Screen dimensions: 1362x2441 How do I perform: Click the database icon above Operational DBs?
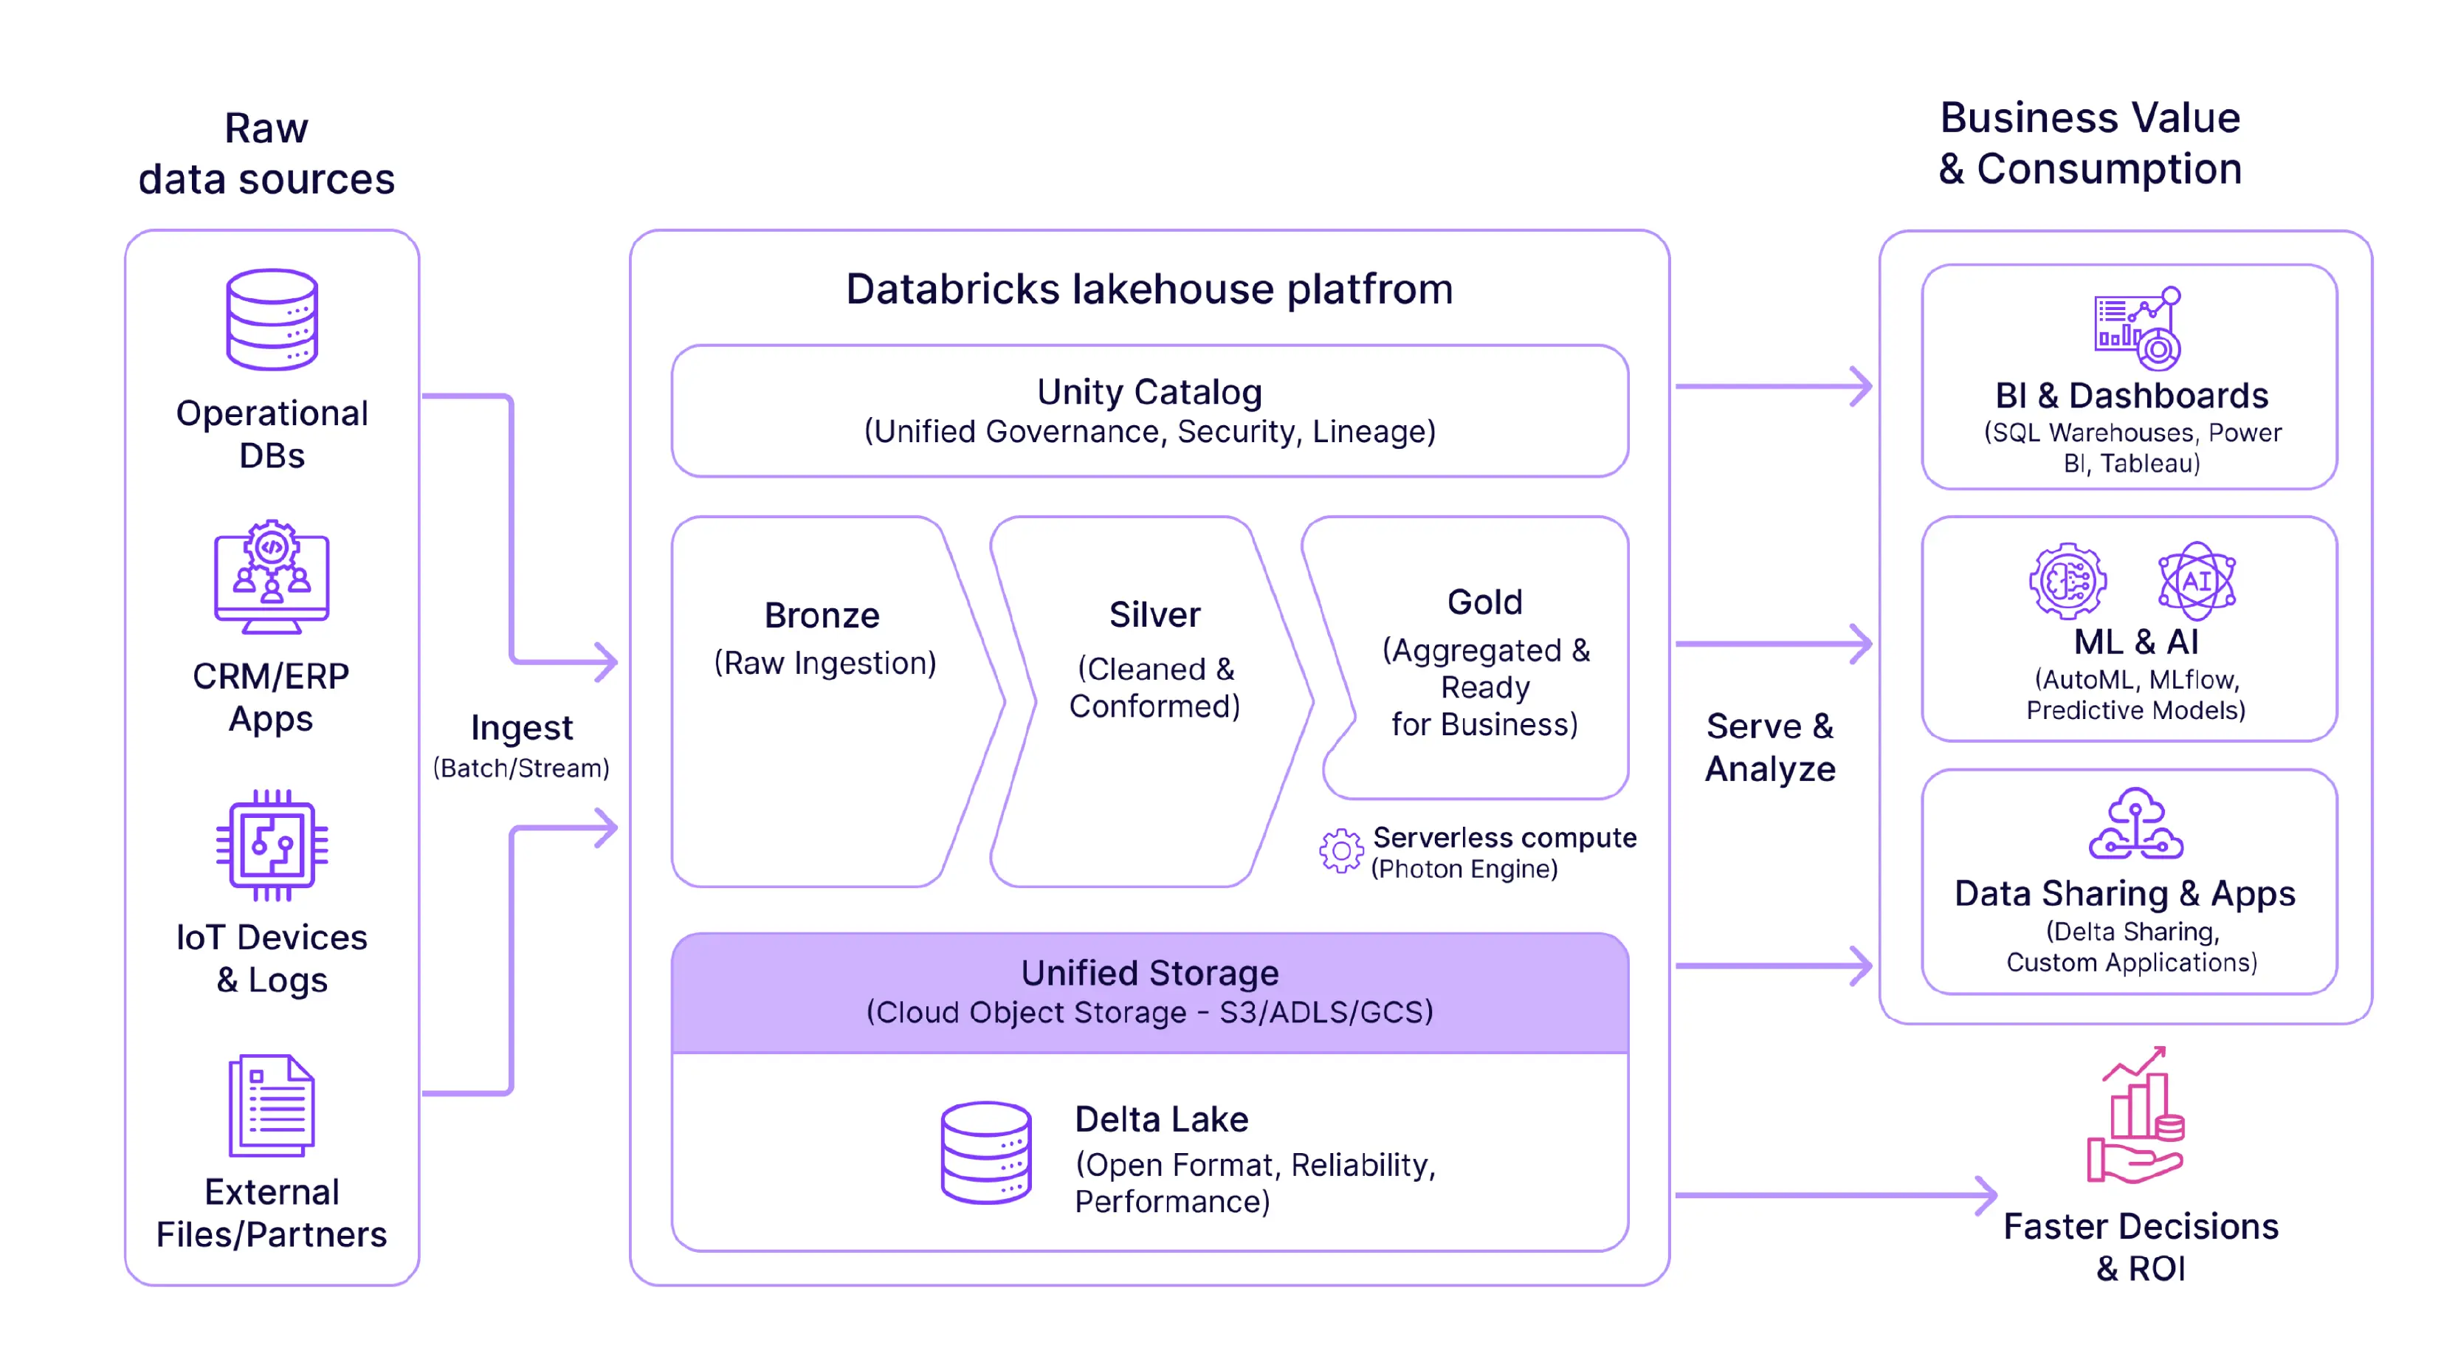click(272, 320)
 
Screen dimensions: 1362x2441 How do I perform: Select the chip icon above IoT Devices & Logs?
click(272, 845)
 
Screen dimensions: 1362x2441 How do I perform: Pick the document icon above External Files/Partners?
click(272, 1105)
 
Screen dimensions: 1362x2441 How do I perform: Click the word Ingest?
click(521, 728)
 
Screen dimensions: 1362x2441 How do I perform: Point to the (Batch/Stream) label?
click(521, 768)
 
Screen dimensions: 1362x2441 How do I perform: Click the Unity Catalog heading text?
click(1149, 391)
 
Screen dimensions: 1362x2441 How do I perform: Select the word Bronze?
click(822, 615)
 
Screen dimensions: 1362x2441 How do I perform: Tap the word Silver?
click(1154, 614)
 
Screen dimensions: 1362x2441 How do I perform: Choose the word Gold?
click(1484, 602)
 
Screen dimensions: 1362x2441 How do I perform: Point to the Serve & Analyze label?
click(1769, 747)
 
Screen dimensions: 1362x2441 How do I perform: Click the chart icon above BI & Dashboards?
click(2137, 328)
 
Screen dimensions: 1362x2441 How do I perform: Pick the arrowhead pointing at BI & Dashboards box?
click(1861, 387)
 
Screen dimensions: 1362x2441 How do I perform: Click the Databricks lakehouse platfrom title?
click(1149, 289)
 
